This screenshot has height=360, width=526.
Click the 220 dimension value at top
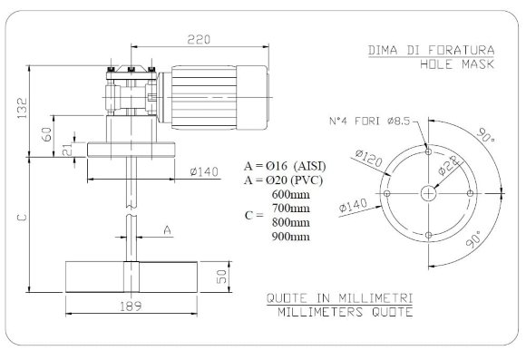click(201, 40)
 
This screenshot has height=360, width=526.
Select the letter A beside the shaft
click(166, 231)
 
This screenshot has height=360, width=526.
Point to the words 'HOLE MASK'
click(459, 66)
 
